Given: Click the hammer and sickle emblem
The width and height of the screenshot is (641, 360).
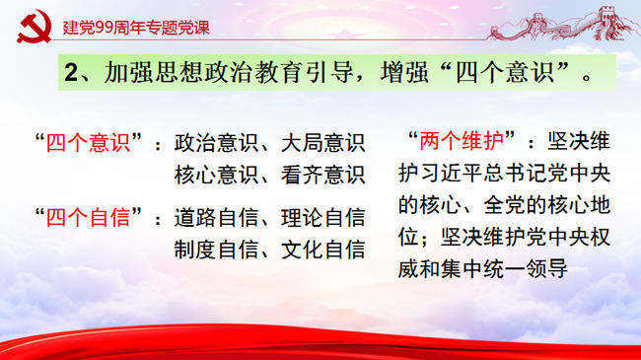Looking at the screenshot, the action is pyautogui.click(x=35, y=27).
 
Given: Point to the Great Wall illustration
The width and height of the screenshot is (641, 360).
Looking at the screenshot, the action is pyautogui.click(x=559, y=24).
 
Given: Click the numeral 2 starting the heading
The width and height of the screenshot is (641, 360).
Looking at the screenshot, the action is pyautogui.click(x=71, y=72).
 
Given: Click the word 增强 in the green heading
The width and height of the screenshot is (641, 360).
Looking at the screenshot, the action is pyautogui.click(x=404, y=72).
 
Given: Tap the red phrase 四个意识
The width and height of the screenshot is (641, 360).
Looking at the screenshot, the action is pyautogui.click(x=88, y=143).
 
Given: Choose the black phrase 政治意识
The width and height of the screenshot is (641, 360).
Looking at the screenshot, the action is pyautogui.click(x=216, y=143).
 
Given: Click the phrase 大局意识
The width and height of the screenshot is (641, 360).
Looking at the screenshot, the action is pyautogui.click(x=322, y=143).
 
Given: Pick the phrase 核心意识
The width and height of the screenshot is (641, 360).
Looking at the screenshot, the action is pyautogui.click(x=216, y=175).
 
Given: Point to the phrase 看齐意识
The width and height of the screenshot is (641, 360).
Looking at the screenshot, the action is pyautogui.click(x=322, y=175).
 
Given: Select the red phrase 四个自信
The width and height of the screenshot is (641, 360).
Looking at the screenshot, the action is pyautogui.click(x=88, y=217).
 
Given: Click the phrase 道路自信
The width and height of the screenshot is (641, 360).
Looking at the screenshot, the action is pyautogui.click(x=216, y=217).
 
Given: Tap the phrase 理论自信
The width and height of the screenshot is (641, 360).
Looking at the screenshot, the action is pyautogui.click(x=322, y=217).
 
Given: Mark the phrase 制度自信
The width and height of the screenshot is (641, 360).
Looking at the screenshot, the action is pyautogui.click(x=216, y=250).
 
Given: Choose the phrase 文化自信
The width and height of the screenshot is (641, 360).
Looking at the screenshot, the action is pyautogui.click(x=322, y=250).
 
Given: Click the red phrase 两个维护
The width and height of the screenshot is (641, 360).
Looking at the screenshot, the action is pyautogui.click(x=462, y=141).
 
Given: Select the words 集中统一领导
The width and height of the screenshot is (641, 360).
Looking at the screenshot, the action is pyautogui.click(x=504, y=269).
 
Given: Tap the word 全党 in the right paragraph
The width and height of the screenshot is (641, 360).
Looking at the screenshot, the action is pyautogui.click(x=504, y=205).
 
